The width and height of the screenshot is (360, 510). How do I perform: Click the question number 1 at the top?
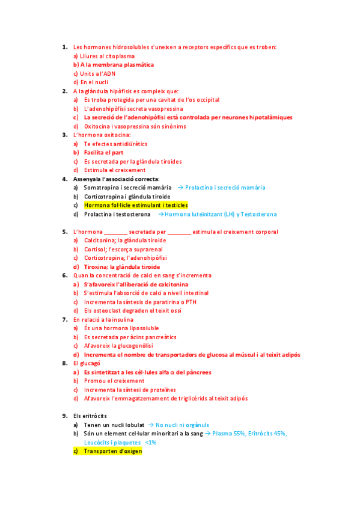[64, 47]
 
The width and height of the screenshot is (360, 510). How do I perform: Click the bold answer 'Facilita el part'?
[103, 153]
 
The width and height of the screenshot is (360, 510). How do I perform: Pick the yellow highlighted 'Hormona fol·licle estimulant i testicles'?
[136, 205]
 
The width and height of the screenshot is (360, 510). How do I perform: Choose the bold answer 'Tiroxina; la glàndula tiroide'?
[122, 266]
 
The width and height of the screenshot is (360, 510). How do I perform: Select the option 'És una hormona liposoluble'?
[121, 328]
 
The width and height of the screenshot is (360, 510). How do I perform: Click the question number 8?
[64, 363]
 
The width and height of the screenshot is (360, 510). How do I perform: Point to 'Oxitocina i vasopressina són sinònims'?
[135, 126]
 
